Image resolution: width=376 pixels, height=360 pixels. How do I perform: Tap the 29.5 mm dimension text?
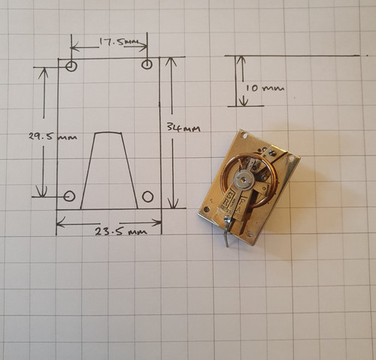[53, 137]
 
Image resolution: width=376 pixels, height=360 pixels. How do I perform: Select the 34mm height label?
[183, 129]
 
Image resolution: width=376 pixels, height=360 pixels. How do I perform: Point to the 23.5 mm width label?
[120, 231]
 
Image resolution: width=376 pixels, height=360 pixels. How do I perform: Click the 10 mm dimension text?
[265, 88]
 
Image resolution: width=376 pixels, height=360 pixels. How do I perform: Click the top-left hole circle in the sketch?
[71, 66]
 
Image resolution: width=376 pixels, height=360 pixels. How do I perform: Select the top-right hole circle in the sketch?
[147, 65]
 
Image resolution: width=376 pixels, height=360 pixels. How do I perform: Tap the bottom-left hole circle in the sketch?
[69, 196]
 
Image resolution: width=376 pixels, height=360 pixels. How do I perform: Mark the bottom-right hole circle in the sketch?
[147, 197]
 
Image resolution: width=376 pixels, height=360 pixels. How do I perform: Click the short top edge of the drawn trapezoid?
[108, 132]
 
